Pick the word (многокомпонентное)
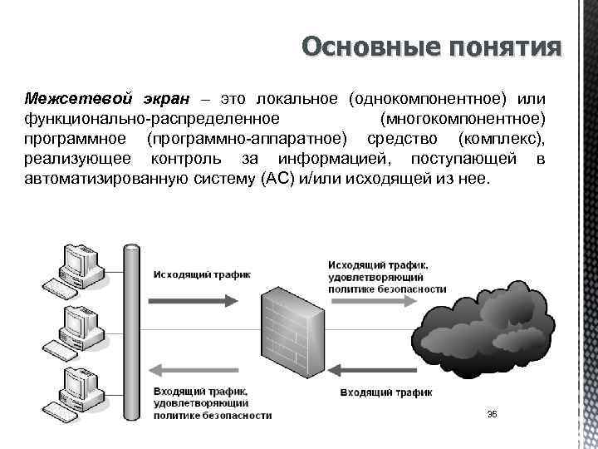(x=462, y=119)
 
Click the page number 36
(x=491, y=414)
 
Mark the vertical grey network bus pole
(x=130, y=333)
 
